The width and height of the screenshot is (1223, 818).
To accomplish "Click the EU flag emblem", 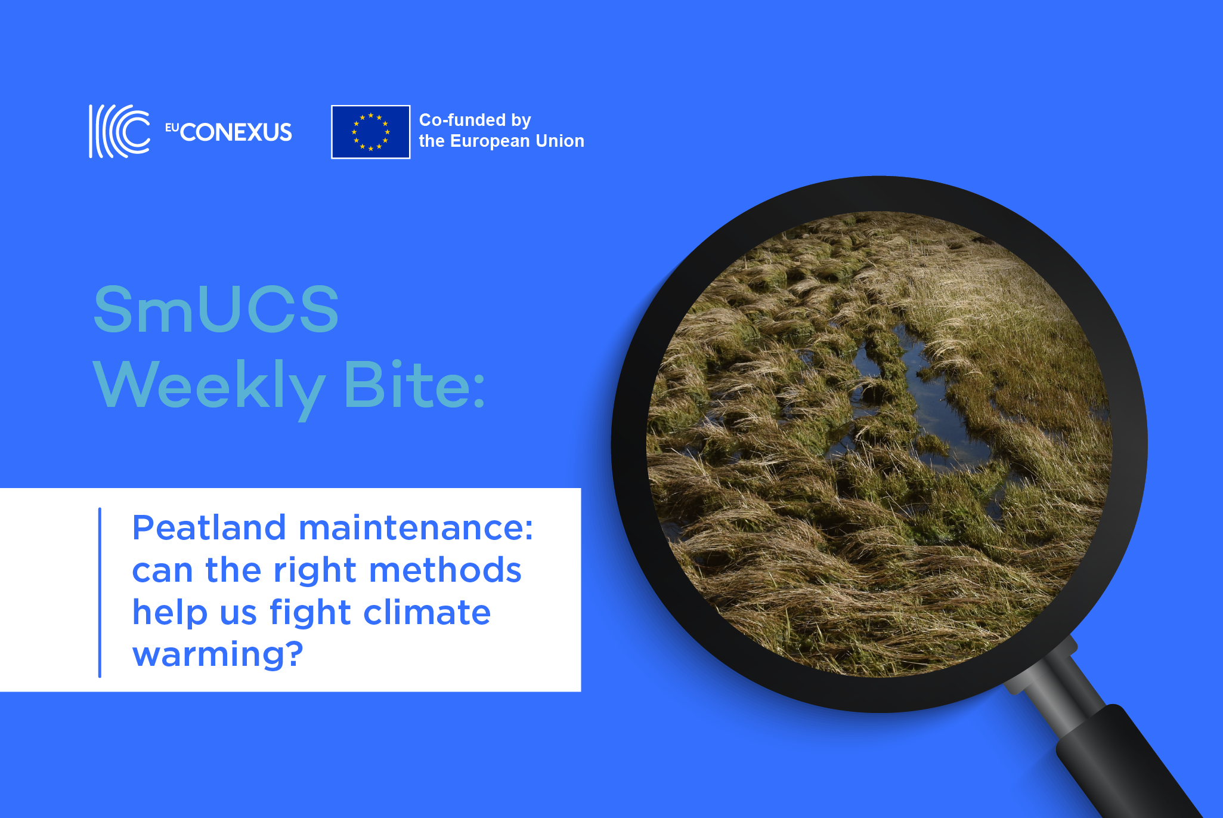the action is [370, 132].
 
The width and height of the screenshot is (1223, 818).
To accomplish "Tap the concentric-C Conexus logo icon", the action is [119, 131].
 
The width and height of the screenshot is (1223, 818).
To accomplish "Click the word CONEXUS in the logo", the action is [236, 132].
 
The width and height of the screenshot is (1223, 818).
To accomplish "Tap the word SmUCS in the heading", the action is [216, 309].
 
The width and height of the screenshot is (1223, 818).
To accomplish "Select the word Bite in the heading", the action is [407, 384].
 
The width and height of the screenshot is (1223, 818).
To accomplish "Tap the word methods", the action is [445, 570].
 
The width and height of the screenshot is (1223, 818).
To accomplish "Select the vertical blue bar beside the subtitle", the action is [100, 592].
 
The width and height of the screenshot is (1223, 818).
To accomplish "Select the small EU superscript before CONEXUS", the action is [172, 127].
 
